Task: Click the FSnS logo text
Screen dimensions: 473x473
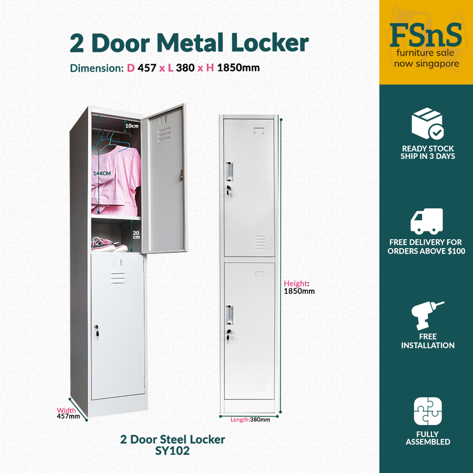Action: pos(425,35)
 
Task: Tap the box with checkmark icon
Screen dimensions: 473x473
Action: pos(428,123)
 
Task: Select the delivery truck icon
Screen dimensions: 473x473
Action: pos(426,221)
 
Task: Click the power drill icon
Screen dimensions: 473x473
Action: pos(427,315)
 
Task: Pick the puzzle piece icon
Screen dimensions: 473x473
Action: pos(428,411)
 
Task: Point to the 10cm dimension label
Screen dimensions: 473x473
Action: pos(132,126)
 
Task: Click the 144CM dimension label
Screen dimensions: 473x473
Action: pos(102,174)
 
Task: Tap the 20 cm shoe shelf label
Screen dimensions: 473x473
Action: pos(136,235)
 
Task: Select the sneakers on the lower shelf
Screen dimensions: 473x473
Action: pos(109,245)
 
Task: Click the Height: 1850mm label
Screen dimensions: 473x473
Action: pos(299,287)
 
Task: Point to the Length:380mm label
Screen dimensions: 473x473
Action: pos(250,419)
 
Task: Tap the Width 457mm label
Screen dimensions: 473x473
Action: pos(68,413)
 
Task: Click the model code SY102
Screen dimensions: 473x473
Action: pos(172,451)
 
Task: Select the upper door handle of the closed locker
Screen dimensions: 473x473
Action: pos(230,171)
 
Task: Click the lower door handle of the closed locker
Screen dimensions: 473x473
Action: pos(230,315)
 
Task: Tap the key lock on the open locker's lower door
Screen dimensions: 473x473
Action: pos(97,331)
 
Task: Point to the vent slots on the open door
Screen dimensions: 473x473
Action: pos(164,134)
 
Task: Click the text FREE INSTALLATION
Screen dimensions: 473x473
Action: pos(428,341)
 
